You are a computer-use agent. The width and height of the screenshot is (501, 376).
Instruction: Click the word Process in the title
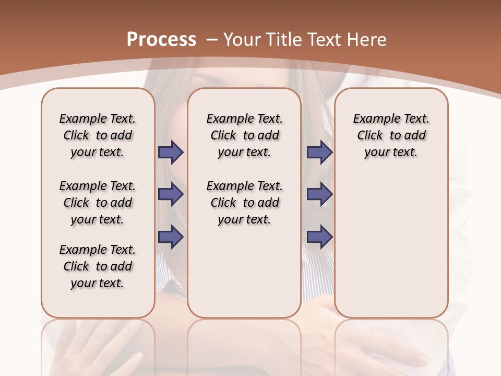pos(161,40)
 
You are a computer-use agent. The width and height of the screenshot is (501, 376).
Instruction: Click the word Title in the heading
pos(284,40)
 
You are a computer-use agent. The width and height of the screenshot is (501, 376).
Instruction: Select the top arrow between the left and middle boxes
pos(171,152)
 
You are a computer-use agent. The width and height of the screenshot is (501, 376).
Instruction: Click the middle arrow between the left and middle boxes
pos(171,195)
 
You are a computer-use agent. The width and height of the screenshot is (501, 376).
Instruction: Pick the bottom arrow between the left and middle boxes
pos(171,237)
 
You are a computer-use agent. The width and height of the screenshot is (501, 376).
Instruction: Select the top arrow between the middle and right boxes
pos(319,152)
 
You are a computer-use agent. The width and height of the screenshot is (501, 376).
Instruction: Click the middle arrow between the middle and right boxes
pos(319,195)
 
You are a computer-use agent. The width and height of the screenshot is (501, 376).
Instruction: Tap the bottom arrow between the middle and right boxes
pos(319,237)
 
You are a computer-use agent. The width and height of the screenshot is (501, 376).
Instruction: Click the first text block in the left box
pos(98,135)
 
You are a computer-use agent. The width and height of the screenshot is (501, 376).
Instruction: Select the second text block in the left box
pos(98,203)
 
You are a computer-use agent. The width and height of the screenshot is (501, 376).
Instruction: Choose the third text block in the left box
pos(98,266)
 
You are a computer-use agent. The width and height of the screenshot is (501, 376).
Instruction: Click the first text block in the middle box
pos(244,135)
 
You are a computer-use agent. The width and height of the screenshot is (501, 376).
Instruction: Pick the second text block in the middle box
pos(244,203)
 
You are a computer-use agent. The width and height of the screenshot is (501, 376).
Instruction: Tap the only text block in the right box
pos(391,135)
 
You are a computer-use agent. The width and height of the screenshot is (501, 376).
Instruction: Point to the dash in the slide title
pos(212,40)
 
